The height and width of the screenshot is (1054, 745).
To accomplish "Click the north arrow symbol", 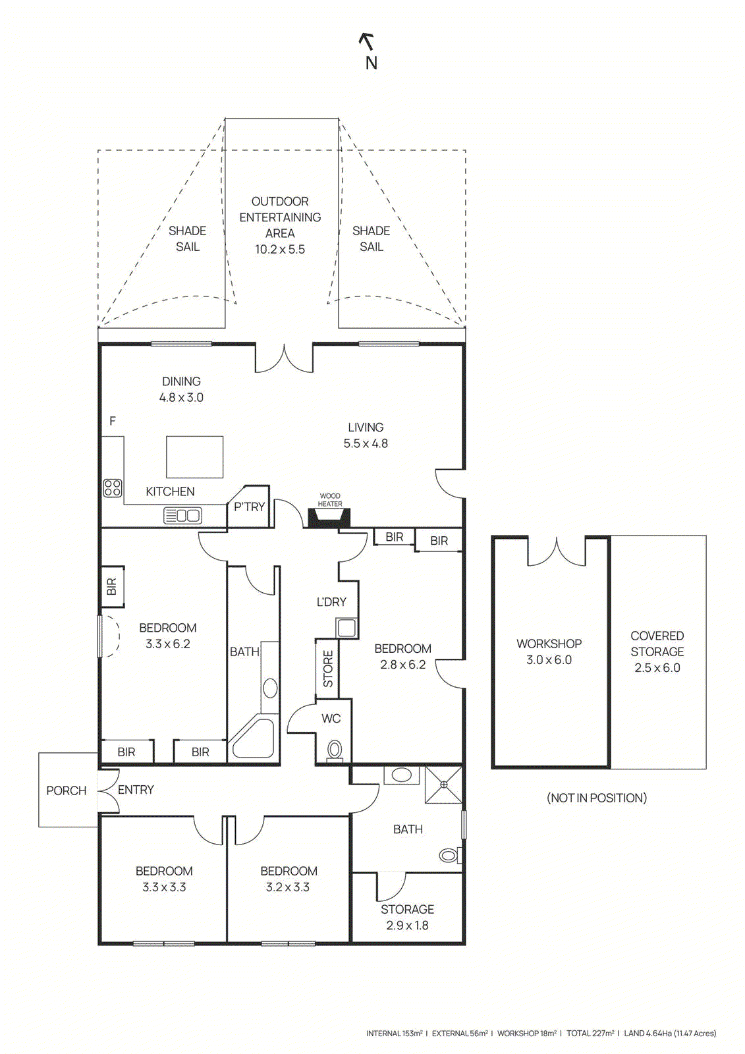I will pyautogui.click(x=367, y=42).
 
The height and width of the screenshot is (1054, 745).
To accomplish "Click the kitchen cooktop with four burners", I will pyautogui.click(x=113, y=487).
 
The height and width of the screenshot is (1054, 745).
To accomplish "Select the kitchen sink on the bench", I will pyautogui.click(x=183, y=515).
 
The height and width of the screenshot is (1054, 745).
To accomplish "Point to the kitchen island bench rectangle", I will pyautogui.click(x=194, y=457).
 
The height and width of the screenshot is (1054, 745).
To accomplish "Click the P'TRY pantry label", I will pyautogui.click(x=249, y=507).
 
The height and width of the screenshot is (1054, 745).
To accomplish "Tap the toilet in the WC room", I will pyautogui.click(x=335, y=750).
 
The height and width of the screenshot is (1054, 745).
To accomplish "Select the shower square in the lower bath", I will pyautogui.click(x=443, y=785).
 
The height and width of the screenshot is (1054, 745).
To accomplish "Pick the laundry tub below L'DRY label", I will pyautogui.click(x=346, y=627).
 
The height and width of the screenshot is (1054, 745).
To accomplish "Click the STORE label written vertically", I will pyautogui.click(x=328, y=669).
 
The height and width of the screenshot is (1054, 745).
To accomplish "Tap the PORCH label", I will pyautogui.click(x=66, y=790).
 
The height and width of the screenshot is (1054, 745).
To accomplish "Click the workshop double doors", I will pyautogui.click(x=557, y=552).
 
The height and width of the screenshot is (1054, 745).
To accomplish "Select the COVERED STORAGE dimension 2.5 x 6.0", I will pyautogui.click(x=657, y=667).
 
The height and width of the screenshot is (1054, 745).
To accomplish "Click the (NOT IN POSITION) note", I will pyautogui.click(x=596, y=798).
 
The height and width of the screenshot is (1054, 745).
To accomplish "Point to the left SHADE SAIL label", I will pyautogui.click(x=187, y=238).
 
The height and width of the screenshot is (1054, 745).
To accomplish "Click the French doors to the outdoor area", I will pyautogui.click(x=284, y=358).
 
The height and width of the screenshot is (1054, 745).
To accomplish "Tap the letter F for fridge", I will pyautogui.click(x=113, y=421).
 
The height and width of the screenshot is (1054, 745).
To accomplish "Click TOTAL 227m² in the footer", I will pyautogui.click(x=590, y=1034).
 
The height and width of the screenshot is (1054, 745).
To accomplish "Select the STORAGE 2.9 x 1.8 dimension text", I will pyautogui.click(x=407, y=925).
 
